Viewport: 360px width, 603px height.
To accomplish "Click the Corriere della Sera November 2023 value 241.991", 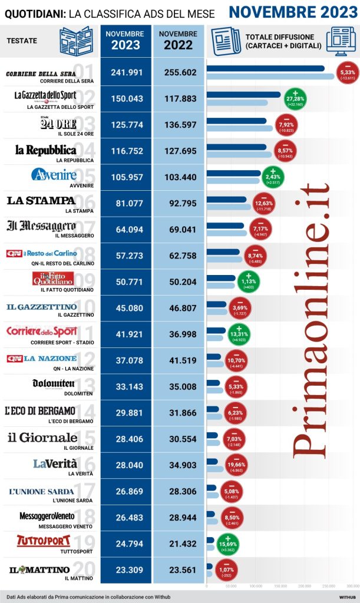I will point(127,72).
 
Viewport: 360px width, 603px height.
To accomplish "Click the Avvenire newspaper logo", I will point(54,175).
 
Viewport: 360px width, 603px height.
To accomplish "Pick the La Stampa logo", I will point(41,201).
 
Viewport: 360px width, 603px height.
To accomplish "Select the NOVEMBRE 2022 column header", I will point(178,41).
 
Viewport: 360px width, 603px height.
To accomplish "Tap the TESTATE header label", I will point(22,41).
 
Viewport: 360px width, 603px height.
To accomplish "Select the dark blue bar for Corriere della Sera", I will point(265,68).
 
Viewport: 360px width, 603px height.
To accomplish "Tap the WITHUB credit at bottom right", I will point(346,596).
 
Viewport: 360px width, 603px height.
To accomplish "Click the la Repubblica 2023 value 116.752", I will point(127,151).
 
